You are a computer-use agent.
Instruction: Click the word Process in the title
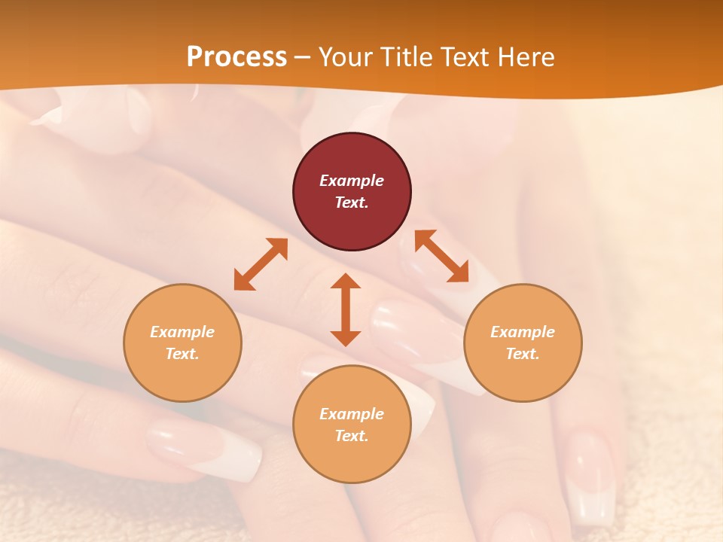pos(236,57)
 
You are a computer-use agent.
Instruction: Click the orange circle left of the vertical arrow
pos(182,343)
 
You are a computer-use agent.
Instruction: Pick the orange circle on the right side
pos(523,343)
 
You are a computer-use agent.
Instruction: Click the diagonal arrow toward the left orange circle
pos(261,264)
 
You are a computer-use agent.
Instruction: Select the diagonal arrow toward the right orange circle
pos(442,257)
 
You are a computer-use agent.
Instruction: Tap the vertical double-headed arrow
pos(346,309)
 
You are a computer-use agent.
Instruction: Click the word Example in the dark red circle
pos(352,181)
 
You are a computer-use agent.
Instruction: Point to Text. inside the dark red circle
pos(352,202)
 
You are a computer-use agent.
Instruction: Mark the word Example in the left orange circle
pos(182,332)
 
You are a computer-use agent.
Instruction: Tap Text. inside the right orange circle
pos(523,354)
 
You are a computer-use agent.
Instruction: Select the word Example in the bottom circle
pos(352,414)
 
